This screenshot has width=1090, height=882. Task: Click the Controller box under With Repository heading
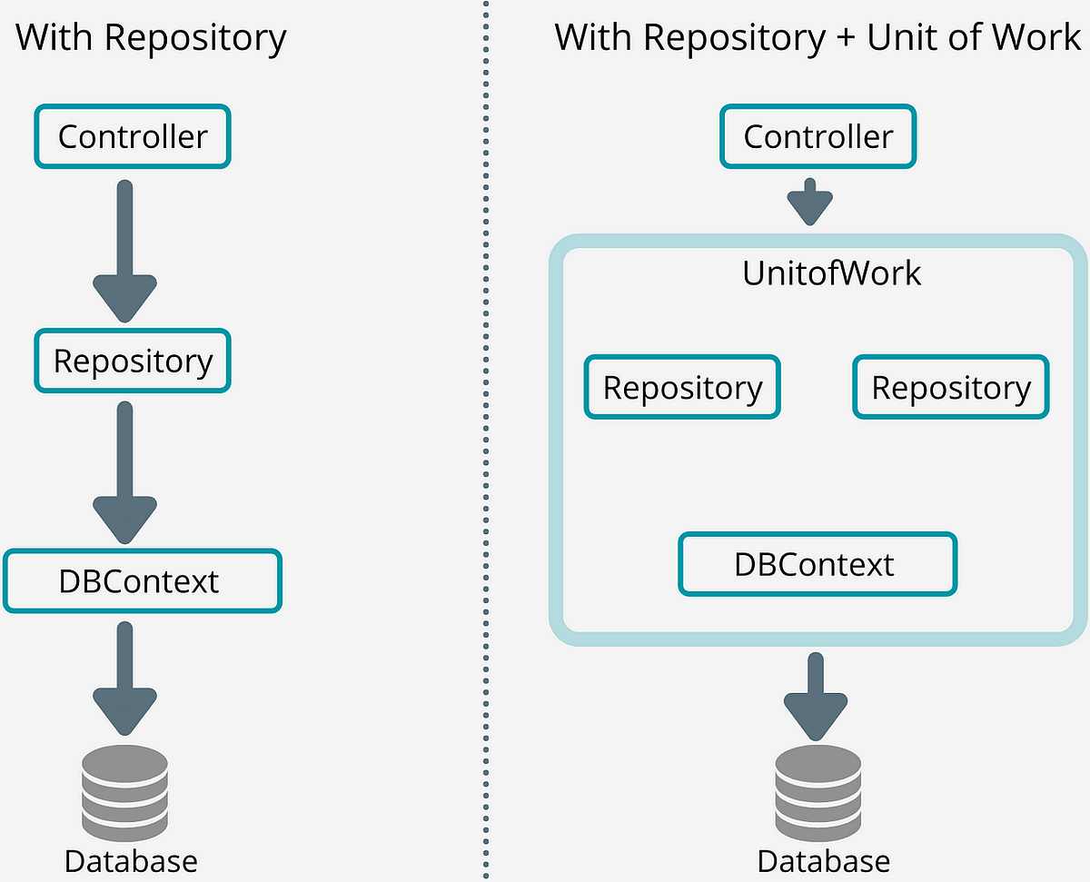click(x=133, y=136)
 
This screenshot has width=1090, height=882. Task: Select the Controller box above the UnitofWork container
click(x=817, y=136)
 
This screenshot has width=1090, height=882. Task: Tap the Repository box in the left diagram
click(x=133, y=361)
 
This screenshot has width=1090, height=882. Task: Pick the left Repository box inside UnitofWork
click(x=682, y=387)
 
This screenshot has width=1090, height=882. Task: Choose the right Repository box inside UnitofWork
click(x=951, y=387)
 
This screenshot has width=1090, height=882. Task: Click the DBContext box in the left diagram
click(x=142, y=580)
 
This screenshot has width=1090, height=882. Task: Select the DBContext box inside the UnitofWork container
click(x=817, y=564)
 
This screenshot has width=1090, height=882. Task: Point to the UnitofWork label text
click(x=831, y=273)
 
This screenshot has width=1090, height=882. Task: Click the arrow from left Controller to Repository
click(x=125, y=250)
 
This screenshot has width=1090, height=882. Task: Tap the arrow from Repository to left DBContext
click(x=125, y=472)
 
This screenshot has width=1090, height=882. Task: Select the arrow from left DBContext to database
click(x=125, y=677)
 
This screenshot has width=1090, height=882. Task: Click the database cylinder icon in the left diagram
click(x=125, y=786)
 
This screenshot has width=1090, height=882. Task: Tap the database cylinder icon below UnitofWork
click(x=817, y=786)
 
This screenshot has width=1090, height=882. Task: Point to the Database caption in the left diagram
click(x=131, y=859)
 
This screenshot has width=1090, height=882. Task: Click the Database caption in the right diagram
click(x=823, y=859)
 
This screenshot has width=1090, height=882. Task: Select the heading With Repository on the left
click(x=151, y=37)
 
